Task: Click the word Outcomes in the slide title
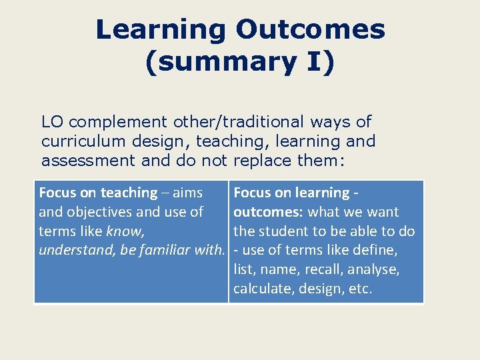point(310,29)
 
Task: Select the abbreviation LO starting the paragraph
point(53,122)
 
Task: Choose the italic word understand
point(70,251)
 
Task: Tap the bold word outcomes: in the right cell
point(267,212)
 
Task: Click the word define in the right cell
point(373,251)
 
